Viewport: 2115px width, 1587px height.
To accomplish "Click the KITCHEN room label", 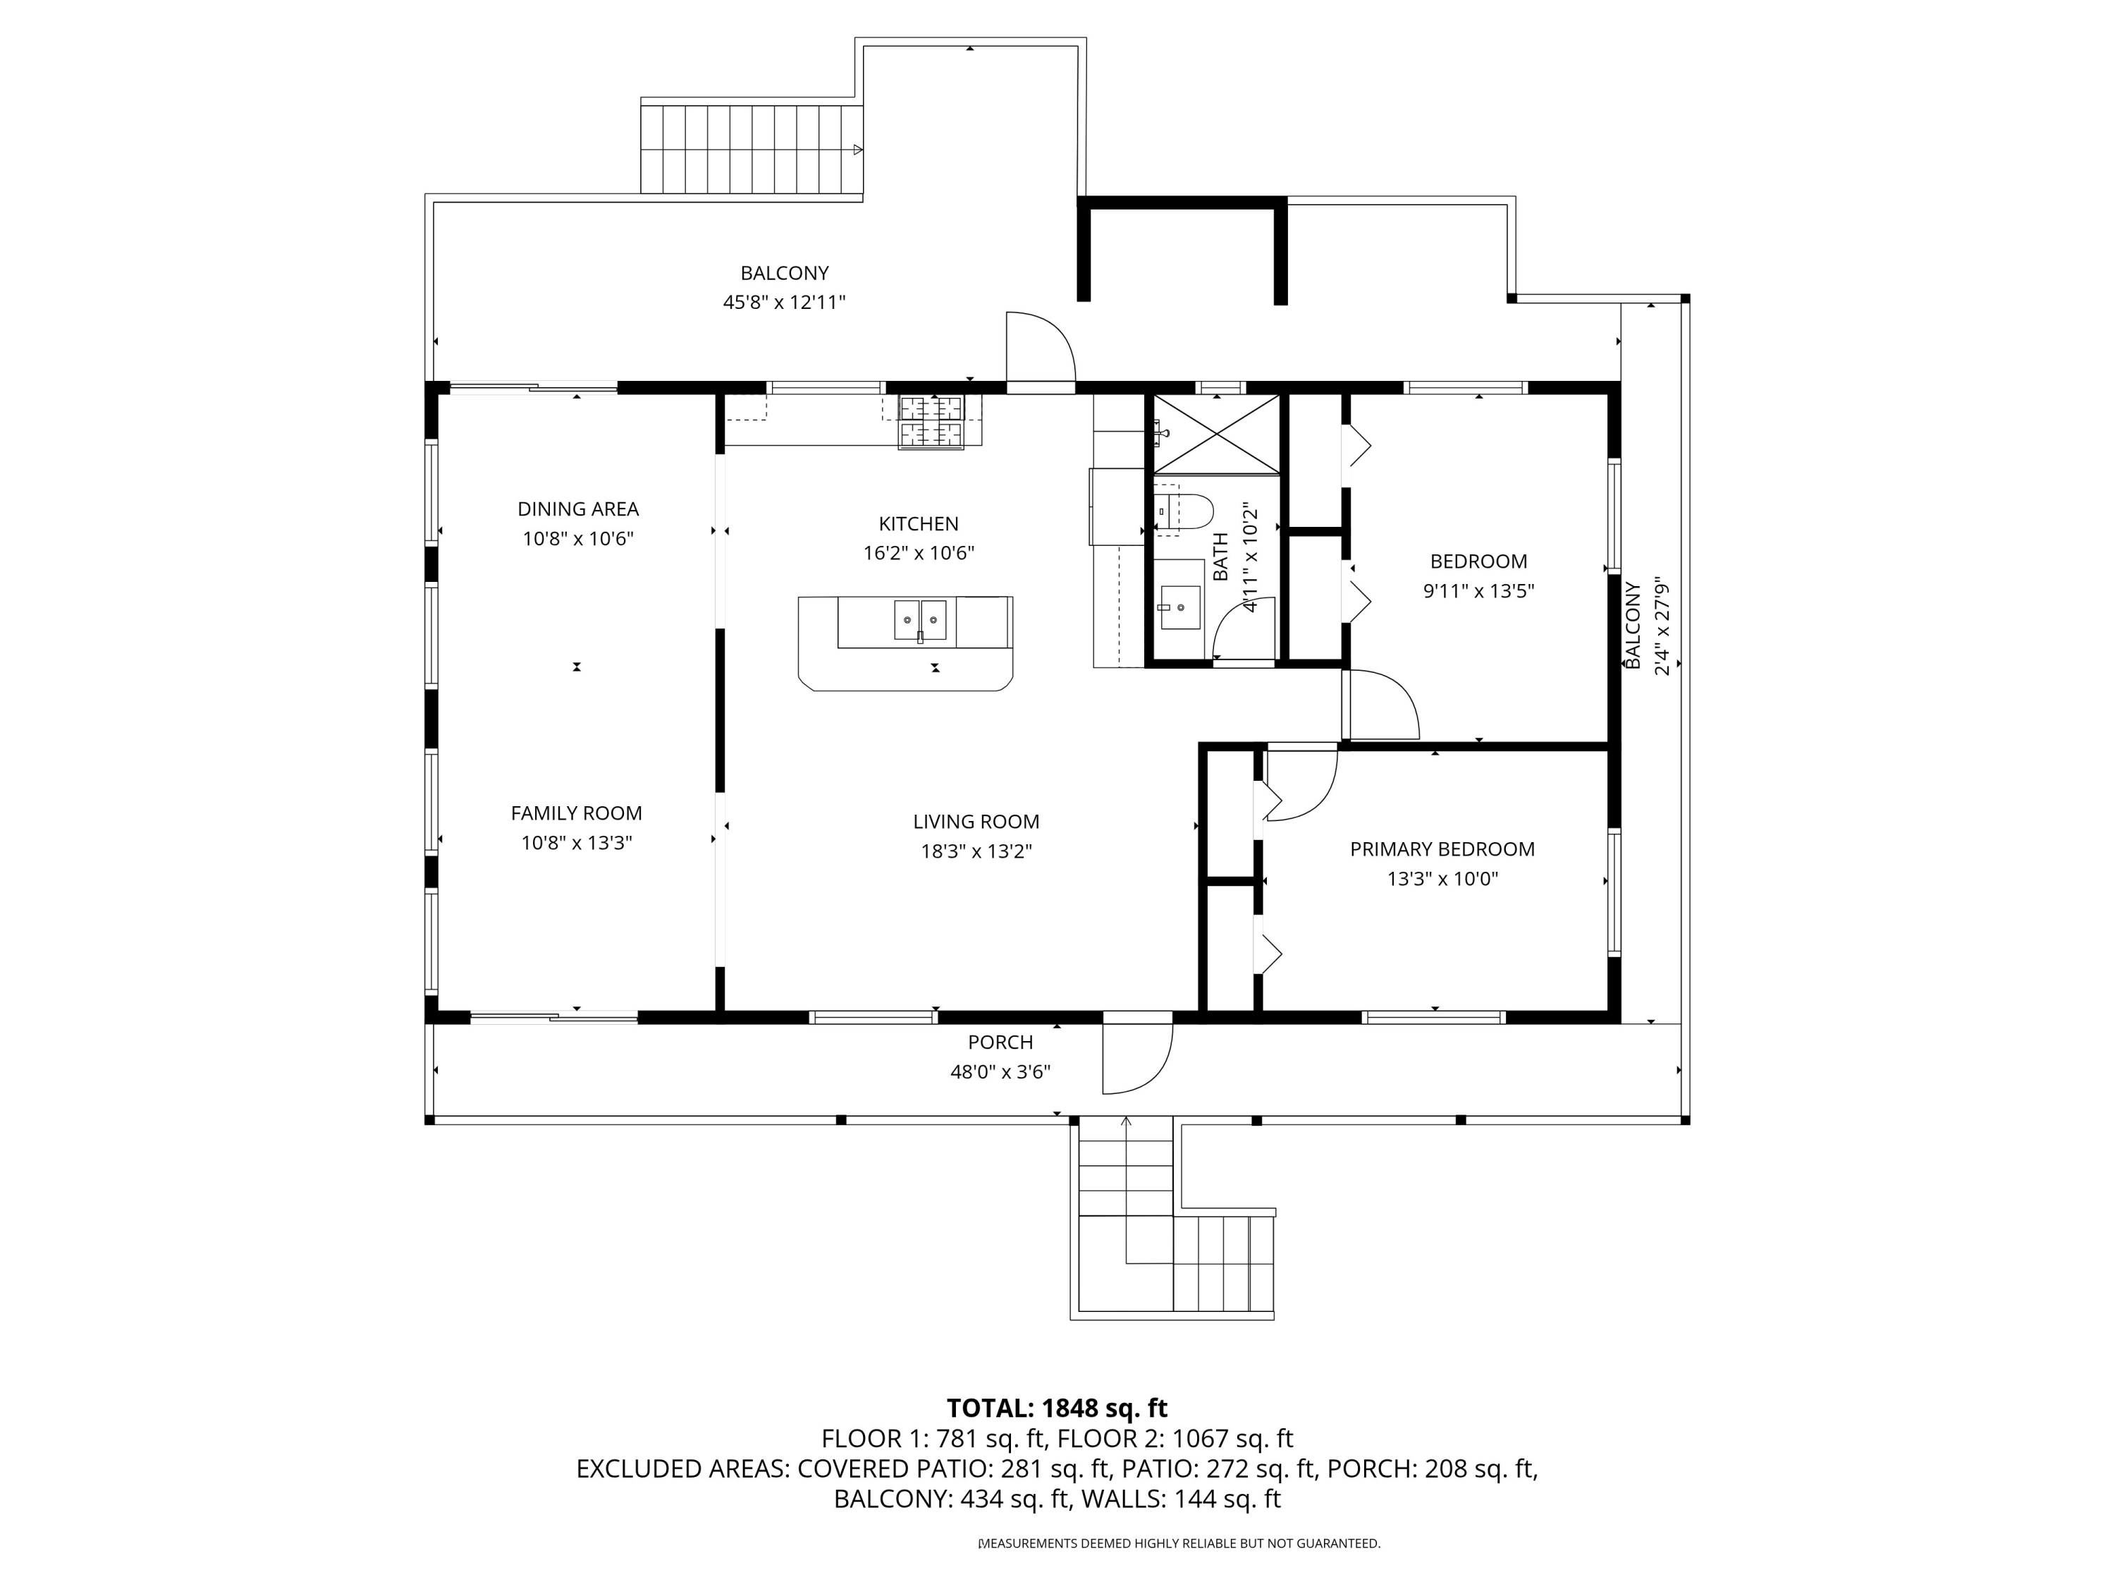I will point(918,523).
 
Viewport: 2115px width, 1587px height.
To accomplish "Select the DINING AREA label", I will point(577,509).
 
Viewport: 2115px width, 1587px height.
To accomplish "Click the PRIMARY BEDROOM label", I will point(1442,849).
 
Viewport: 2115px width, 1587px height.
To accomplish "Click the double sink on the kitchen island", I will point(920,620).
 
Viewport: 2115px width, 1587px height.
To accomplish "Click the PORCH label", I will point(1000,1042).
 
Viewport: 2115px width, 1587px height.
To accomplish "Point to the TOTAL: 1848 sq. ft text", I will point(1057,1408).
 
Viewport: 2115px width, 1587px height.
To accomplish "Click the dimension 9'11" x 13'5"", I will point(1478,590).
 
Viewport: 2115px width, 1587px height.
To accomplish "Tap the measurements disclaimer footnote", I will point(1179,1543).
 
